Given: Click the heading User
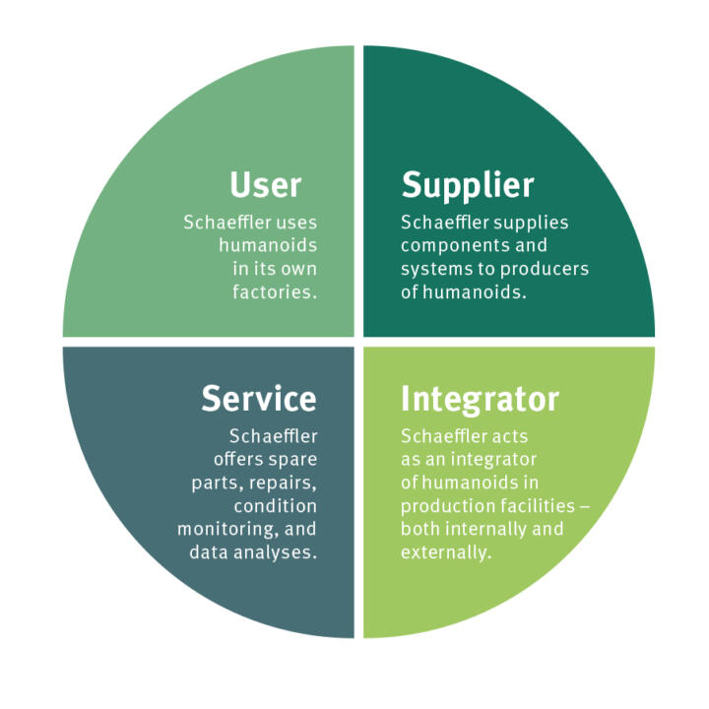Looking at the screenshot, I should click(x=265, y=184).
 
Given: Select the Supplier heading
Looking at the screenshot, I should click(x=467, y=184).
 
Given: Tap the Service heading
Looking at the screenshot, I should click(x=259, y=398).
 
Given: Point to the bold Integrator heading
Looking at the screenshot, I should click(x=480, y=399).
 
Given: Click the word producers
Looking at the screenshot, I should click(x=550, y=269).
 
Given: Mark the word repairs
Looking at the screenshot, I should click(x=284, y=482).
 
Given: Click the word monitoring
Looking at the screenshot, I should click(x=224, y=529).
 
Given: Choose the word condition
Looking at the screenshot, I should click(x=276, y=505).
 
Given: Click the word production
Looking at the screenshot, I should click(x=446, y=505).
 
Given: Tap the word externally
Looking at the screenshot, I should click(x=445, y=552).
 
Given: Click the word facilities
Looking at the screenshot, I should click(x=536, y=505).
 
